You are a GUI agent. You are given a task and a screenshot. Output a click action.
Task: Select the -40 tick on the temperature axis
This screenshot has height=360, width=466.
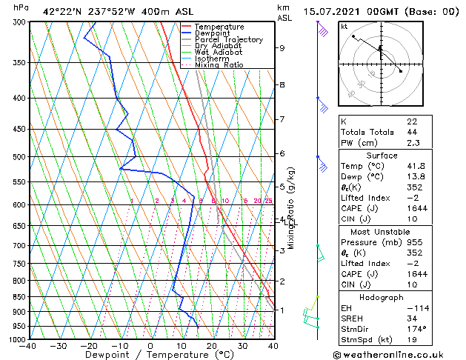(x=28, y=347)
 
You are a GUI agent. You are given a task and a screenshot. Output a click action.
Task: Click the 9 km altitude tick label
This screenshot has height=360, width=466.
(x=282, y=47)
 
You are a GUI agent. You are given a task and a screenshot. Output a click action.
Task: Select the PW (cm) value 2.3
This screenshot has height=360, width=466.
(x=412, y=143)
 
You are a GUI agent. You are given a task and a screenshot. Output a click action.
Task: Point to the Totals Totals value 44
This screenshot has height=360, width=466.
(x=412, y=132)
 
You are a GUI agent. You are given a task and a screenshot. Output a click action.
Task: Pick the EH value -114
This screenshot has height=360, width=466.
(x=416, y=307)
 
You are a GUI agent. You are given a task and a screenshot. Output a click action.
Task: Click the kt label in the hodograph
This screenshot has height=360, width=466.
(x=344, y=27)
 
